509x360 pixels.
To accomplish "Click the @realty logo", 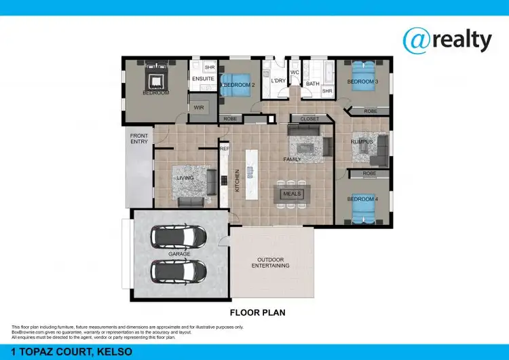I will coord(447,41).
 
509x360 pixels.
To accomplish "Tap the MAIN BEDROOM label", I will coord(155,90).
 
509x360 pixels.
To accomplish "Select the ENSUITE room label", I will coord(203,79).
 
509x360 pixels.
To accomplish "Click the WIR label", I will coord(199,107).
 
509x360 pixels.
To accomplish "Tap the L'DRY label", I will coord(278,81).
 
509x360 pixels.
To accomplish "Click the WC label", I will coord(295,72).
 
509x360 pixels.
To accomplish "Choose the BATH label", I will coord(312,84).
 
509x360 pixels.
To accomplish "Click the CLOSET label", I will coord(309,119).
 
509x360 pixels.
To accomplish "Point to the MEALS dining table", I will coord(292,194).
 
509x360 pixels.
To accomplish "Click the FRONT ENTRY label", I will coord(139,139).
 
